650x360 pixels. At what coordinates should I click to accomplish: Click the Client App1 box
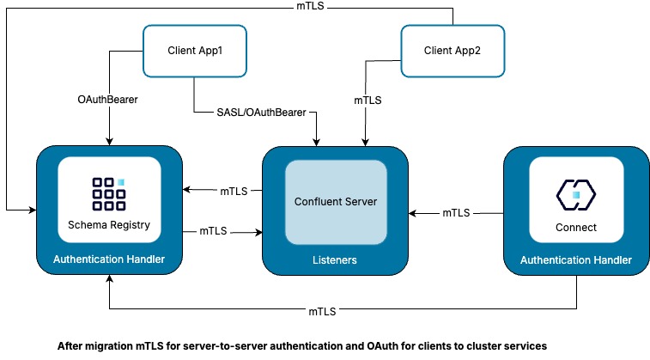pyautogui.click(x=195, y=51)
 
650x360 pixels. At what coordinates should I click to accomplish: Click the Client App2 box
pyautogui.click(x=452, y=51)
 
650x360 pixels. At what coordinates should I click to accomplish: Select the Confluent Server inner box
pyautogui.click(x=336, y=202)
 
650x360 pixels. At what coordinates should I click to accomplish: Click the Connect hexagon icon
pyautogui.click(x=576, y=195)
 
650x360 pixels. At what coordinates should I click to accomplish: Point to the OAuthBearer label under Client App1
pyautogui.click(x=108, y=99)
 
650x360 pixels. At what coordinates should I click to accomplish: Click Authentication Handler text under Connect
pyautogui.click(x=577, y=259)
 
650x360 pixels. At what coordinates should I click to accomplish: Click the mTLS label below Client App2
pyautogui.click(x=368, y=99)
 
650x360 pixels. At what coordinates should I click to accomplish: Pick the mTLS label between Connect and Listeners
pyautogui.click(x=456, y=211)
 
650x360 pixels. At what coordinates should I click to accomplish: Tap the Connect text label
pyautogui.click(x=577, y=228)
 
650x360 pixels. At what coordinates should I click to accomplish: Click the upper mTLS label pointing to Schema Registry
pyautogui.click(x=234, y=191)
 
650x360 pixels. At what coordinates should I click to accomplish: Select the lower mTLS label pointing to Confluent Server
pyautogui.click(x=214, y=231)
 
